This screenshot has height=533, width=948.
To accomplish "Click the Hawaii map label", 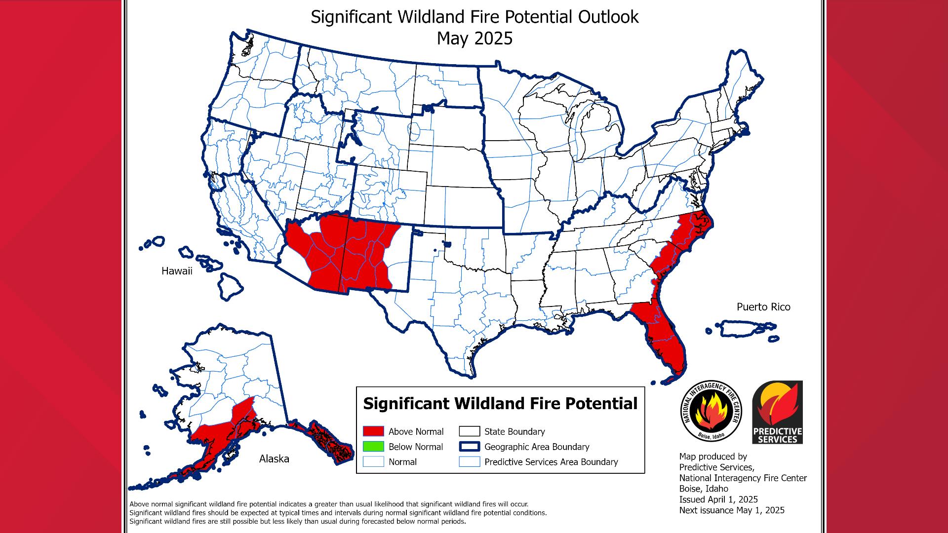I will pyautogui.click(x=177, y=271).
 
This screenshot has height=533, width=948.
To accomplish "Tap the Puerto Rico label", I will pyautogui.click(x=763, y=307).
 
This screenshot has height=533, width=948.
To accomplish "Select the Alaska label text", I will pyautogui.click(x=274, y=459).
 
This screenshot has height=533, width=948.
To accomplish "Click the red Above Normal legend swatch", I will pyautogui.click(x=373, y=431).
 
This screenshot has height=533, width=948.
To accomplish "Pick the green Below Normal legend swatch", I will pyautogui.click(x=373, y=447).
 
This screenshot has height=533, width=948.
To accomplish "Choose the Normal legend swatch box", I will pyautogui.click(x=373, y=462).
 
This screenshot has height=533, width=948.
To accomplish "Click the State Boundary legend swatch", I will pyautogui.click(x=469, y=431).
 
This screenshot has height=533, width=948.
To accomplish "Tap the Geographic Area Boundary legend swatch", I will pyautogui.click(x=469, y=447).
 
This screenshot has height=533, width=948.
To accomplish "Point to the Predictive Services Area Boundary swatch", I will pyautogui.click(x=469, y=462).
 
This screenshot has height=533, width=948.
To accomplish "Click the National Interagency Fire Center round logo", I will pyautogui.click(x=711, y=412).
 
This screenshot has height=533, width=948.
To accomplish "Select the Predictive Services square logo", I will pyautogui.click(x=778, y=412).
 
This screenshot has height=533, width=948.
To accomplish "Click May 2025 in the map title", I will pyautogui.click(x=474, y=38).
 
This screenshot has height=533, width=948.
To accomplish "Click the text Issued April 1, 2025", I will pyautogui.click(x=718, y=499).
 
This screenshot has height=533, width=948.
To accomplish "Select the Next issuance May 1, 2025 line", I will pyautogui.click(x=731, y=510).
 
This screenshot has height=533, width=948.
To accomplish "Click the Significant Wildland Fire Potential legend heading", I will pyautogui.click(x=500, y=404).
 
